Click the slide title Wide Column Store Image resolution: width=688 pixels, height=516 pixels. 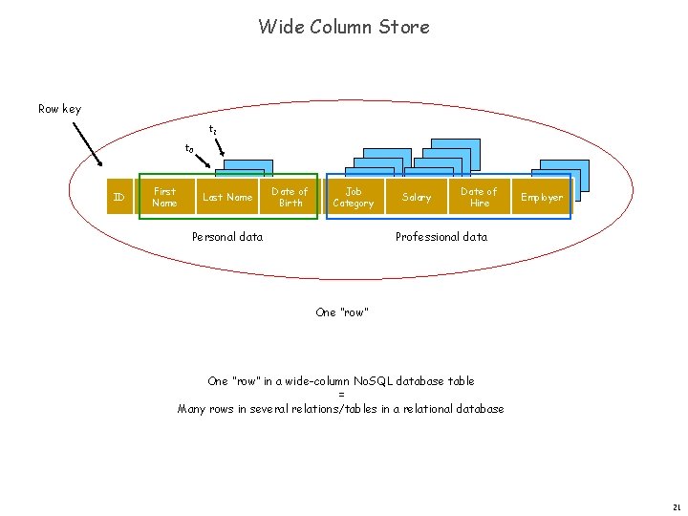(343, 27)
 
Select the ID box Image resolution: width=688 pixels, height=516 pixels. (118, 197)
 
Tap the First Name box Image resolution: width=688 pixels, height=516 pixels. (164, 197)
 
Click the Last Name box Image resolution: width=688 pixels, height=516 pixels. (227, 197)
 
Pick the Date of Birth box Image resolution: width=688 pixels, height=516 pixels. (290, 197)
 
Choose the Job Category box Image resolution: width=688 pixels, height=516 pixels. (353, 197)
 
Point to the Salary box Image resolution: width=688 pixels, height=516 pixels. (417, 197)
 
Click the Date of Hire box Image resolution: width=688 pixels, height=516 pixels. (479, 197)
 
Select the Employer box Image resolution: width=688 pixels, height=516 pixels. (542, 197)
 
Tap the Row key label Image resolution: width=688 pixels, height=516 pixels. (59, 109)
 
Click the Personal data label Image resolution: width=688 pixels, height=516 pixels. (227, 237)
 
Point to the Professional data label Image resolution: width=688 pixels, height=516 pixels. (441, 237)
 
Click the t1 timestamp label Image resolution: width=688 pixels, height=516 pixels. (213, 130)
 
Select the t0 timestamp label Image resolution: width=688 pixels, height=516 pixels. (189, 149)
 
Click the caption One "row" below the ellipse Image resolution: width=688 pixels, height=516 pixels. (342, 312)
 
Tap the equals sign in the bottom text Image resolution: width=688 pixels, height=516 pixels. (341, 395)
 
